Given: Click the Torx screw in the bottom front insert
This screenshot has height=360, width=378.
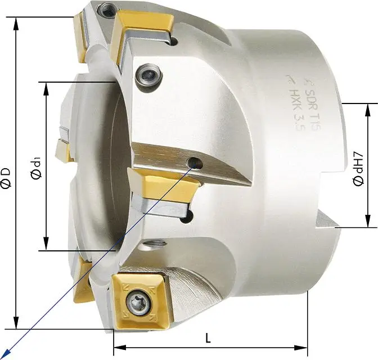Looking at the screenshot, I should [x=138, y=304].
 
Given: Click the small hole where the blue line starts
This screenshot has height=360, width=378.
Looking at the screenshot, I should [x=196, y=164].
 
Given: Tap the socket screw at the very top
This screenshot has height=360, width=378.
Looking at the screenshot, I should [x=106, y=8].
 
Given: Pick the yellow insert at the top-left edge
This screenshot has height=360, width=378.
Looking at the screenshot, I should [x=80, y=36].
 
